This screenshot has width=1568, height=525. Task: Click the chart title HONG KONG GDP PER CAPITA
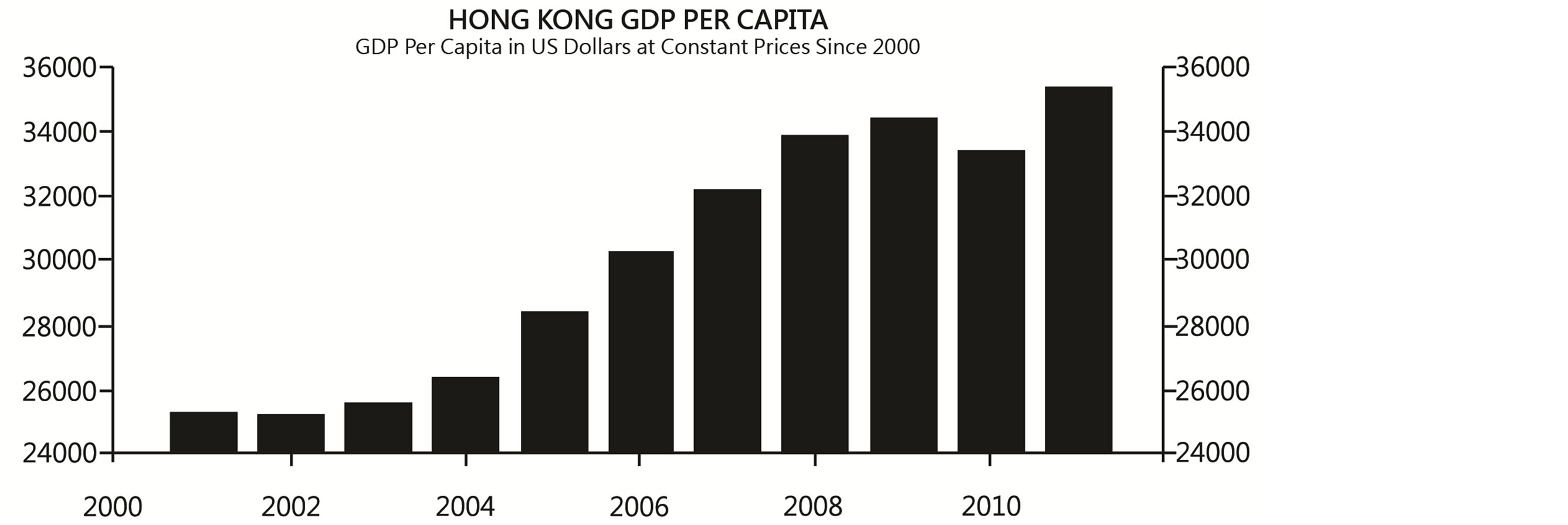pos(637,20)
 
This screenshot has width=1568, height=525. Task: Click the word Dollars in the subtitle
pos(596,47)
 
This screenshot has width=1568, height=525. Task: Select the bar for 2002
pos(291,433)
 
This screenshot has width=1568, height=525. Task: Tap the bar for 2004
pos(465,414)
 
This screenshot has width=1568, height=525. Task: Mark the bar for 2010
pos(991,301)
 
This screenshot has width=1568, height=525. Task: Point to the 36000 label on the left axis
pos(60,67)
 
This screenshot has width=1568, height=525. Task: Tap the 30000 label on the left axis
pos(60,260)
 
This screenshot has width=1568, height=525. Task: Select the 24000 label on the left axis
pos(60,453)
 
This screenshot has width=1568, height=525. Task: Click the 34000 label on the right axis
pos(1212,132)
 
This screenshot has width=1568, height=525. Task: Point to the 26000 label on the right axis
pos(1212,391)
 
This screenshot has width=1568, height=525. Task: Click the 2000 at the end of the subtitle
pos(895,47)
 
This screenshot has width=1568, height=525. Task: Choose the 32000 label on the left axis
pos(60,197)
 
